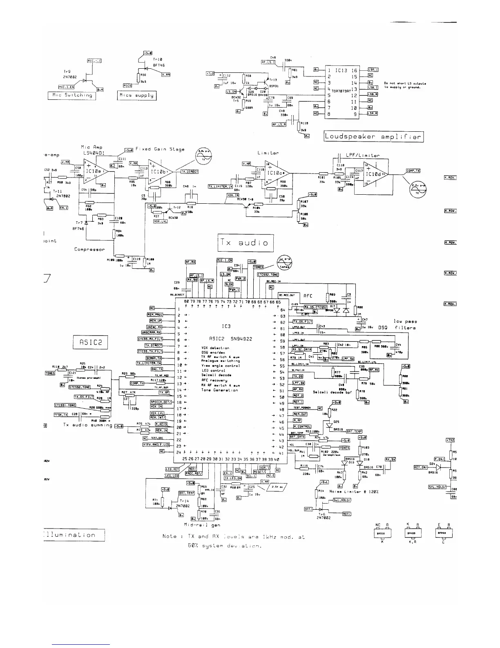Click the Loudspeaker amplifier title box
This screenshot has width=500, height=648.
[373, 137]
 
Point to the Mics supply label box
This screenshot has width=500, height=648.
[137, 95]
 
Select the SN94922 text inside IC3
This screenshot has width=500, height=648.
[242, 339]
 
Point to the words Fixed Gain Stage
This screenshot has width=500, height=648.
[160, 149]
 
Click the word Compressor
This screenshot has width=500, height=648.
[89, 249]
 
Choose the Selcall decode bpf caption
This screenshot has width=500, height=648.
[332, 392]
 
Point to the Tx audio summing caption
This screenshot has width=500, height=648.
[87, 425]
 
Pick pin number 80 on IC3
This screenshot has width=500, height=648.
[186, 301]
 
